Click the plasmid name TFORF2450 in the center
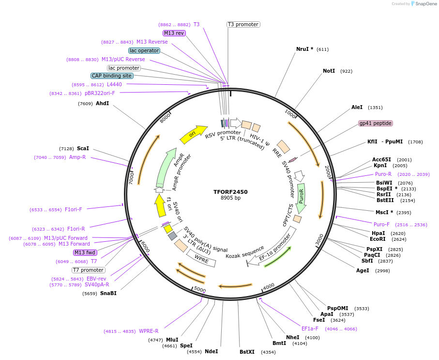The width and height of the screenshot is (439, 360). tap(230, 192)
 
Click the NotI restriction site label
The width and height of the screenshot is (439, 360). tap(329, 71)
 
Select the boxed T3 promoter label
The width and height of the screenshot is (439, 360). tap(243, 24)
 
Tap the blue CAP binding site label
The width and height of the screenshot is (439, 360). tap(111, 76)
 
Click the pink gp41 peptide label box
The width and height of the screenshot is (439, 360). tap(376, 123)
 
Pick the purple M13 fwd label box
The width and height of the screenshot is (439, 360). tap(85, 252)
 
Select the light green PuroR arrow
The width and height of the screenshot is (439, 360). tap(301, 198)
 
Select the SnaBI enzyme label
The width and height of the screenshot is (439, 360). tap(108, 293)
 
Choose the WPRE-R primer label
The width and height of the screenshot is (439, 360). tap(149, 331)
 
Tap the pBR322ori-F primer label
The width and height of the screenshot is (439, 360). tap(100, 93)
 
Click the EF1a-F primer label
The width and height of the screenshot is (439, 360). tap(310, 329)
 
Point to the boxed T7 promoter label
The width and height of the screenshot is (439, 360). tap(89, 270)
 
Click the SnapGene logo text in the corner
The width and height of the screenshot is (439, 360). tap(424, 3)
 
